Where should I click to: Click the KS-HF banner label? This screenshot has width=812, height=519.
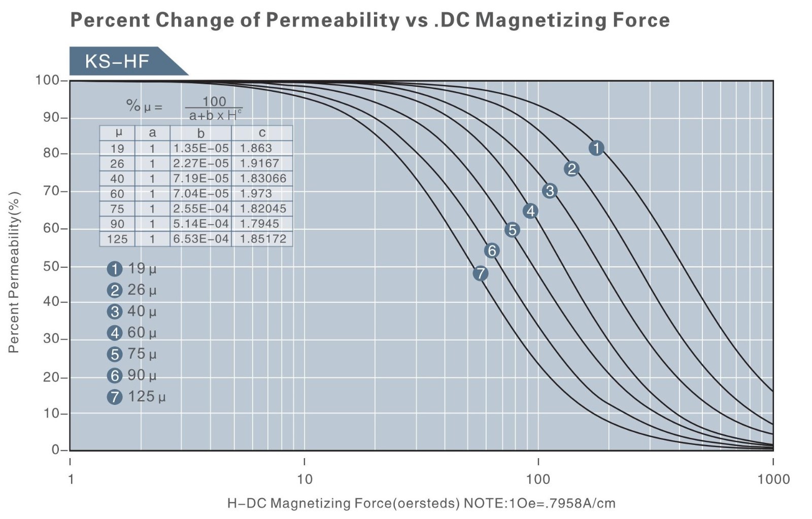[x=117, y=61]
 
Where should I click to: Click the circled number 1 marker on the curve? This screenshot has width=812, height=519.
[x=596, y=148]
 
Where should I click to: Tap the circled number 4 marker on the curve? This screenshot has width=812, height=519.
[x=530, y=211]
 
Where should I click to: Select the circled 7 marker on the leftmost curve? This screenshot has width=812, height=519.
[x=480, y=273]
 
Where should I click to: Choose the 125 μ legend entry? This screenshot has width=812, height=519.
[x=137, y=396]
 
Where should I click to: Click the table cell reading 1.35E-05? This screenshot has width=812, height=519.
[x=201, y=148]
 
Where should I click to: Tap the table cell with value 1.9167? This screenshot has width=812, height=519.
[x=259, y=163]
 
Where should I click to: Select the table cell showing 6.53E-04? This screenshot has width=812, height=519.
[x=201, y=239]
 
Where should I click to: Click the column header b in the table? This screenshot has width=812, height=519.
[x=201, y=133]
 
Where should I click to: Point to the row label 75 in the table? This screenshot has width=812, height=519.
[x=117, y=209]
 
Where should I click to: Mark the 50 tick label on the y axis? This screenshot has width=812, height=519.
[x=51, y=266]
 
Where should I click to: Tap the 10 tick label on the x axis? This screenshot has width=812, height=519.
[x=304, y=479]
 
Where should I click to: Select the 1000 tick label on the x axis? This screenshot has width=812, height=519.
[x=773, y=479]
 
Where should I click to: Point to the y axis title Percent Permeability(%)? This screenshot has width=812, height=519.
[x=14, y=272]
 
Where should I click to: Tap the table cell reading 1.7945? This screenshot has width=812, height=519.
[x=259, y=224]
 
